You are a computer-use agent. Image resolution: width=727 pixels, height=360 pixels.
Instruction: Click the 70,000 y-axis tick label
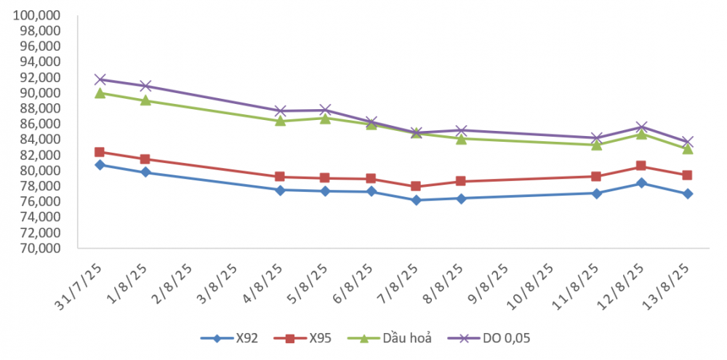point(41,248)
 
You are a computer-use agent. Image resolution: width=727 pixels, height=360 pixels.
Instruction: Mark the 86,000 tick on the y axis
point(41,124)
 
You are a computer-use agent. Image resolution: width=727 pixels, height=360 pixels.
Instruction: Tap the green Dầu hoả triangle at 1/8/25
point(145,100)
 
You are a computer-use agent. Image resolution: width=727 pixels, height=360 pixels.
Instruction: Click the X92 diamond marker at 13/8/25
point(687,193)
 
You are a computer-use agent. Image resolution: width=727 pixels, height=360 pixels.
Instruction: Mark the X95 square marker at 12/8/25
point(640,166)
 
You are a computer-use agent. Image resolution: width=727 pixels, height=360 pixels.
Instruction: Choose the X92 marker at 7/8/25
point(416,200)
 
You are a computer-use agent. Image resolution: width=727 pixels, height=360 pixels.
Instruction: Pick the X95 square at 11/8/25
point(596,176)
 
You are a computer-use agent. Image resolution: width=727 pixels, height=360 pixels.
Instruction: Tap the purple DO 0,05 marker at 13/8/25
point(687,142)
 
